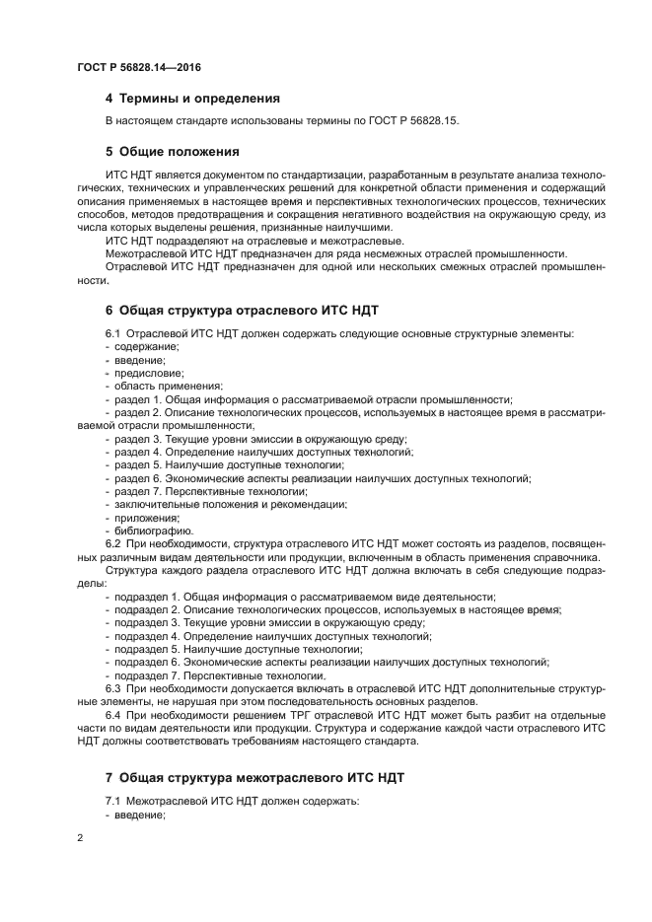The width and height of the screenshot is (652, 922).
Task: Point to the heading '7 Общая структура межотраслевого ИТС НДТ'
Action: pos(254,778)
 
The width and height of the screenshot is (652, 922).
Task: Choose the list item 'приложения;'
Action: pos(146,518)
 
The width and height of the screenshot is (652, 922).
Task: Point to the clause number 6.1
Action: pos(112,333)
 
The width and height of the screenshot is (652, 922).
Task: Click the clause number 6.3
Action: pos(112,688)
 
